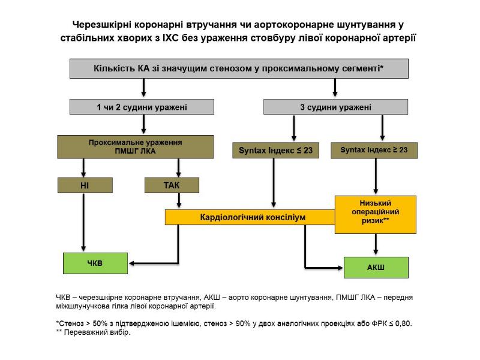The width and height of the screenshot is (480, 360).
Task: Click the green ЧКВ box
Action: [95, 263]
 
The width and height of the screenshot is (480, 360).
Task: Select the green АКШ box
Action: [376, 267]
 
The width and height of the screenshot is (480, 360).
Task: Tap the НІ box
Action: [84, 185]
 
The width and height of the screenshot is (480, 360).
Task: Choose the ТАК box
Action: [172, 185]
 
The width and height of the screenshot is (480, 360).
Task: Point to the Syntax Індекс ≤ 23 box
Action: [275, 150]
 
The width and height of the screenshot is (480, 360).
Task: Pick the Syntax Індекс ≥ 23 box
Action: [374, 150]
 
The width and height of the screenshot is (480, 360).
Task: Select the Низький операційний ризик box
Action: [375, 214]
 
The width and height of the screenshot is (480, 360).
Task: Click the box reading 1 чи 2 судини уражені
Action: [142, 107]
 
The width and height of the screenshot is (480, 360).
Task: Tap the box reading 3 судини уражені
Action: [335, 107]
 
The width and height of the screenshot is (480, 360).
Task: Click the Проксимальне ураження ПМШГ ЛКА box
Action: [135, 147]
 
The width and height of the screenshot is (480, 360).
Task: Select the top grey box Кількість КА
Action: [239, 68]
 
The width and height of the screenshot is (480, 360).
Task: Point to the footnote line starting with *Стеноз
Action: [234, 323]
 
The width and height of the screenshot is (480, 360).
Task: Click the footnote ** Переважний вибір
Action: [92, 332]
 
